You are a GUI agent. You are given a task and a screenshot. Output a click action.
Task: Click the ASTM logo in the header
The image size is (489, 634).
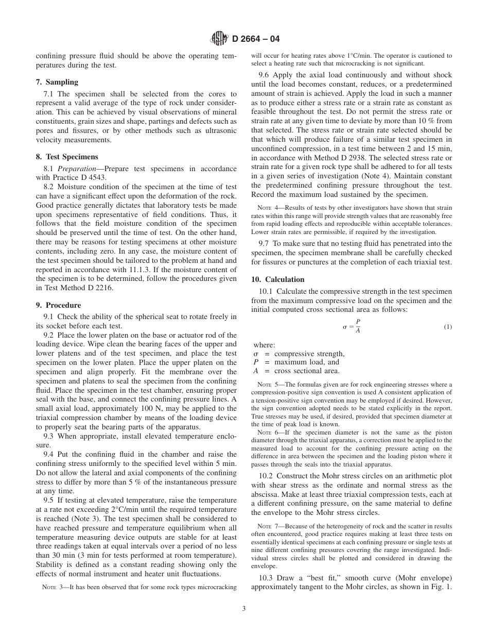click(220, 39)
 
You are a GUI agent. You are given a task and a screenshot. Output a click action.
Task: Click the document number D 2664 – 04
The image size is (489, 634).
click(256, 39)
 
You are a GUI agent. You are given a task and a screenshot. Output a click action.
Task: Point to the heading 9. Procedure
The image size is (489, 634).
click(58, 305)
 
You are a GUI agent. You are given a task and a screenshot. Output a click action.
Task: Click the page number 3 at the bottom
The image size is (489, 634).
click(244, 608)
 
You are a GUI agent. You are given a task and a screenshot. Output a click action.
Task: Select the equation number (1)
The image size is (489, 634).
click(447, 327)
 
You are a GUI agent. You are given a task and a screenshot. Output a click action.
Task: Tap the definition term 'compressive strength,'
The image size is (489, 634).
click(309, 354)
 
